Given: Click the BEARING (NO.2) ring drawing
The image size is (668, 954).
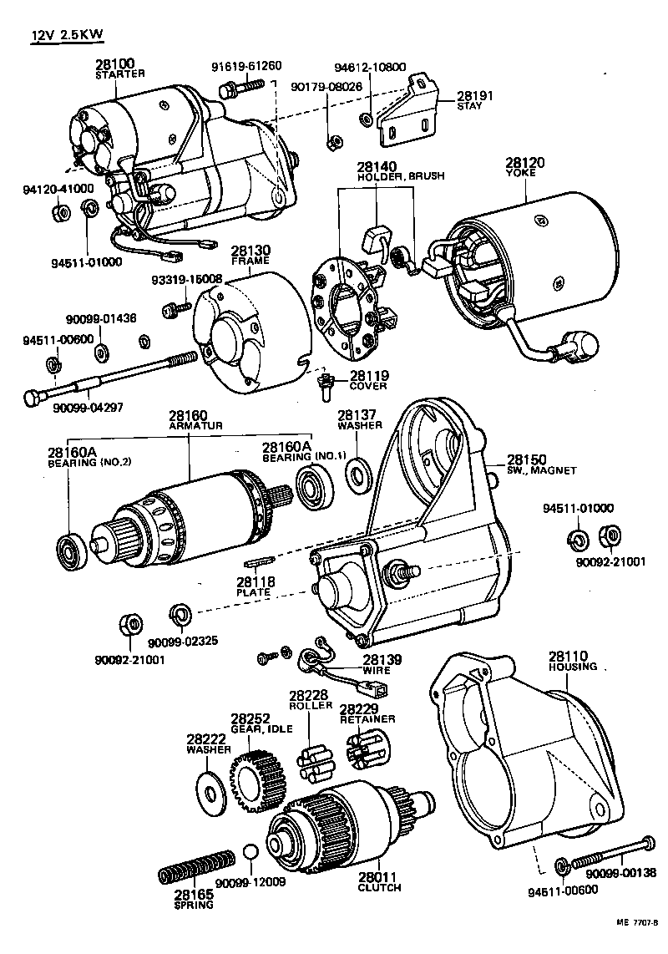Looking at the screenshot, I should coord(68,548).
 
